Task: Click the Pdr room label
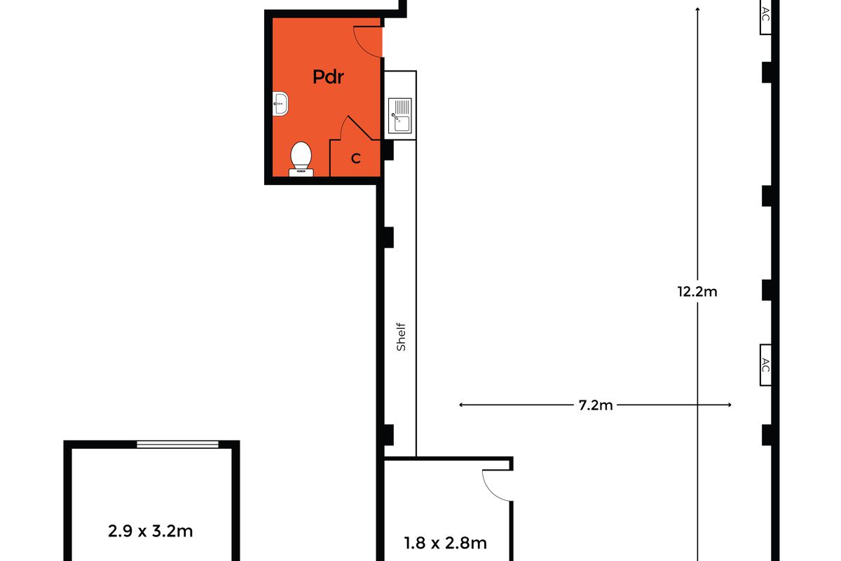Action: pos(328,77)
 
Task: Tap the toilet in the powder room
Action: pos(301,159)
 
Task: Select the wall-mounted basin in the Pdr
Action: pos(280,103)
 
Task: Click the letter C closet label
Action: pos(356,158)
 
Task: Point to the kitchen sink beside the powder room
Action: pos(400,116)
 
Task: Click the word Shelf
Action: pos(401,337)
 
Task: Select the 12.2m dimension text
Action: pos(697,292)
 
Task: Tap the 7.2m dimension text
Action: pos(596,405)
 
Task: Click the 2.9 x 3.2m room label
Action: pos(150,531)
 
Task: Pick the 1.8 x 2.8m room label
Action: pos(445,543)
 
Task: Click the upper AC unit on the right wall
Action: pos(765,17)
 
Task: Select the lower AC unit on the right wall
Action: pos(765,365)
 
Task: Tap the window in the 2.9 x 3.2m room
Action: pos(177,445)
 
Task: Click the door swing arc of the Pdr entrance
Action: pos(361,47)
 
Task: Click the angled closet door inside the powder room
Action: pos(360,128)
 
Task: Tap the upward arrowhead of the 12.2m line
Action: pos(697,9)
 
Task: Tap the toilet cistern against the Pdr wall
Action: pos(301,173)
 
